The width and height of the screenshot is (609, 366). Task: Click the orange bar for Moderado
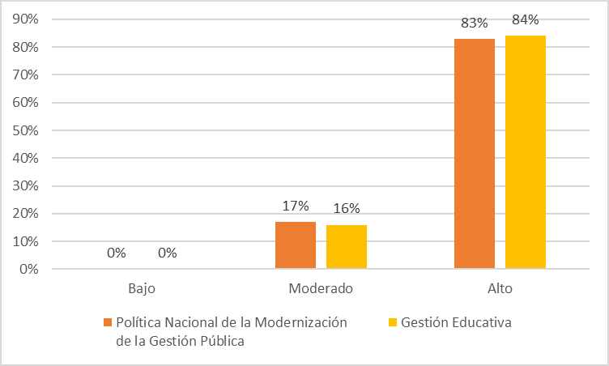[296, 245]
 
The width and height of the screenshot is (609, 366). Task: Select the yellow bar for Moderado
[347, 247]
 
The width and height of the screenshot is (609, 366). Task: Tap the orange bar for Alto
[475, 154]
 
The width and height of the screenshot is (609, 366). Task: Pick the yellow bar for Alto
[526, 152]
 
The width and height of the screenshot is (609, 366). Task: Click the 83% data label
[474, 23]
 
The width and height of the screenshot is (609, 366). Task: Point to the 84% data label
[526, 20]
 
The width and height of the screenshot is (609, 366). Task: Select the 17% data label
[296, 206]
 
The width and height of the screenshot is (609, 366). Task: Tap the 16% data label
[347, 209]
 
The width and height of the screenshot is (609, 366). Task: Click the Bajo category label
[142, 288]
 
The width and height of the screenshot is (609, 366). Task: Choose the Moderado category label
[321, 288]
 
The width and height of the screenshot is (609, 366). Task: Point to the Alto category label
[500, 288]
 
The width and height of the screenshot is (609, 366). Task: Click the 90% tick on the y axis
[26, 19]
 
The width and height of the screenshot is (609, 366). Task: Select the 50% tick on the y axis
[26, 130]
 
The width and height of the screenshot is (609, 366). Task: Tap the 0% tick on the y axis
[29, 269]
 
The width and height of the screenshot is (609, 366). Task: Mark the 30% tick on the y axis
[26, 186]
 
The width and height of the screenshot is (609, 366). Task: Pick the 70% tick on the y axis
[26, 75]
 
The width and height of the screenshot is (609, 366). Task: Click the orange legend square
[107, 322]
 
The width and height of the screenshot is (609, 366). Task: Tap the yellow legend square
[393, 322]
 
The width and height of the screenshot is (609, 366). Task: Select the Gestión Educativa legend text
[457, 322]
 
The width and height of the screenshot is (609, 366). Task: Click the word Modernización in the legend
[300, 322]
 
